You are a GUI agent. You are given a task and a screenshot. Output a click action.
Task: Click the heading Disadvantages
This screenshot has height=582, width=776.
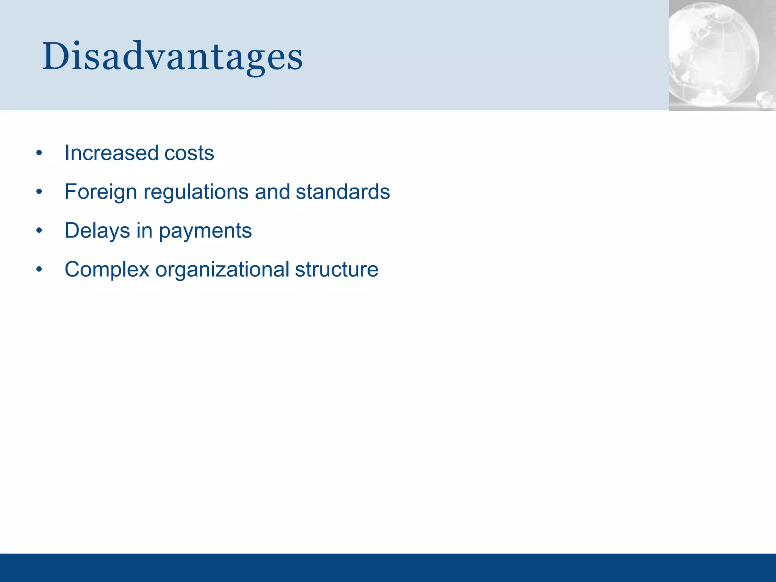172,57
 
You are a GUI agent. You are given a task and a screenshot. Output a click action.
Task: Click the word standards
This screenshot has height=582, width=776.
343,192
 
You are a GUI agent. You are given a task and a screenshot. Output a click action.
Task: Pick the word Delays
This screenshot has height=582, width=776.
97,231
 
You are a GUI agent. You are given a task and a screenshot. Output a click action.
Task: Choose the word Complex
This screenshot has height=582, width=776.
107,269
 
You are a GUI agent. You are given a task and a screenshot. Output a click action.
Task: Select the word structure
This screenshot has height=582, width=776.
336,269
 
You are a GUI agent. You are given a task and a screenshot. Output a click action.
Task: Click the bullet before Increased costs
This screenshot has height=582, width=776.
39,153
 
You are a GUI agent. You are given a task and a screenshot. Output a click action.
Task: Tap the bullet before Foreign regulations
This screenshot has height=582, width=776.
39,192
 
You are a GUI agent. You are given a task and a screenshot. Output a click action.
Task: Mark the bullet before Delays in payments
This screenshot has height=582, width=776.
39,231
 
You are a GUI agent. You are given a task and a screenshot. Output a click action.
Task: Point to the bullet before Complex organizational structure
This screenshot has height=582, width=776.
39,270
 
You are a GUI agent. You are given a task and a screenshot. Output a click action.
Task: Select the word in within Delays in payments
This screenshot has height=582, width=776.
144,231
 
